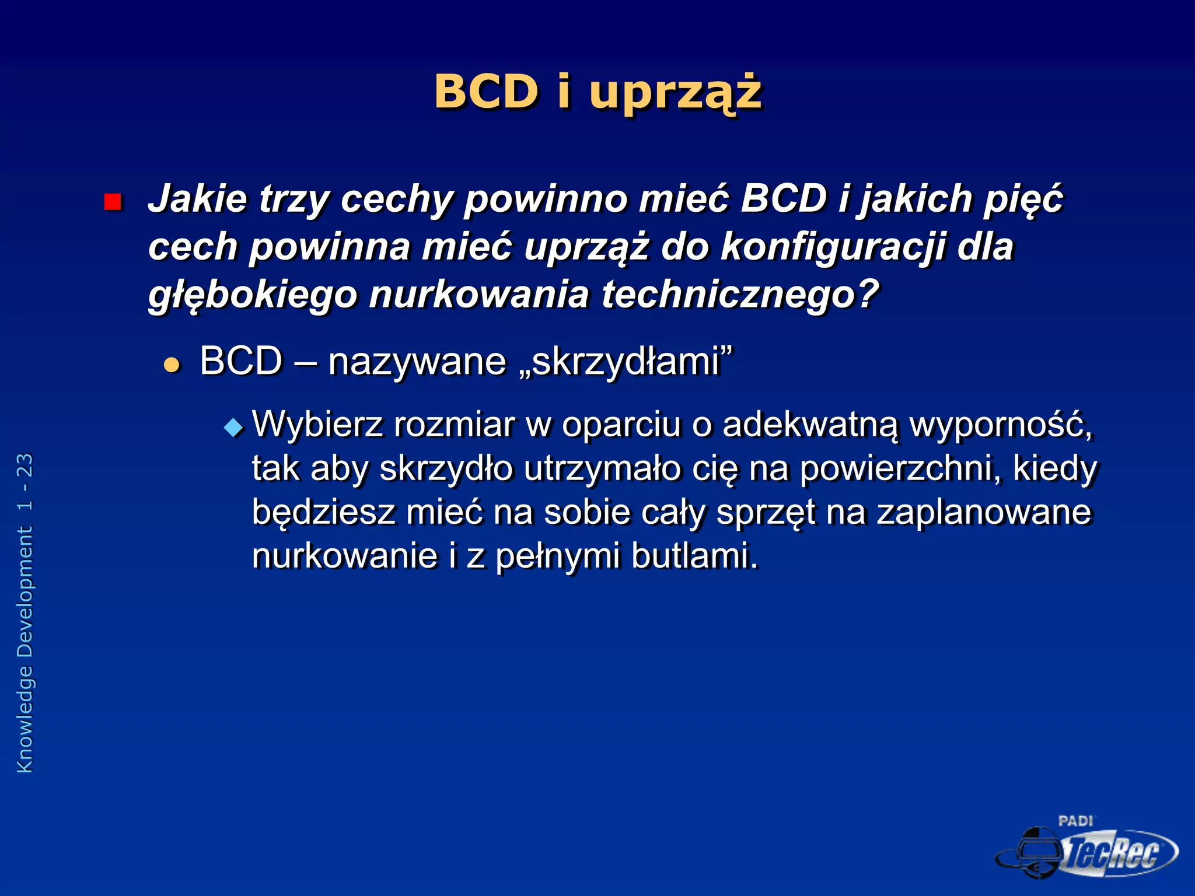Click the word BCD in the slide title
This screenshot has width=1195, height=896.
point(486,92)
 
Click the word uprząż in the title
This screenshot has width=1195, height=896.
point(675,93)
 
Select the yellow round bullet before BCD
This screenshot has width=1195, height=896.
point(172,366)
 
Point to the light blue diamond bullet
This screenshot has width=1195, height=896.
point(233,428)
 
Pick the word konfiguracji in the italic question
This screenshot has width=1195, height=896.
point(833,247)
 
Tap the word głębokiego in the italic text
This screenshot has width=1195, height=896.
point(252,295)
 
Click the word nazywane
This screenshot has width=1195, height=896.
point(417,362)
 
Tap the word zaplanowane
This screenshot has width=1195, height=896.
point(983,512)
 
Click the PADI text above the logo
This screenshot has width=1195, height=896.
point(1075,821)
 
